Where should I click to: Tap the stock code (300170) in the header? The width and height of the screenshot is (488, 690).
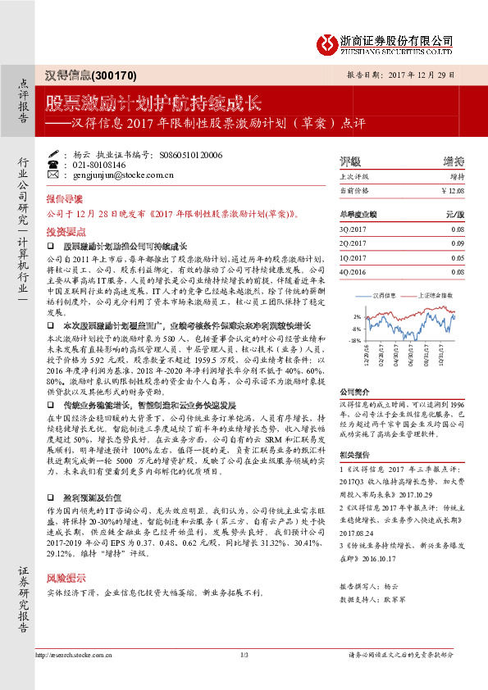coord(115,75)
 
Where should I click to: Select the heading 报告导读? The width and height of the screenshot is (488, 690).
coord(64,199)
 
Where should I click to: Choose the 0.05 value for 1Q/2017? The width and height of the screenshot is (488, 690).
coord(457,257)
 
